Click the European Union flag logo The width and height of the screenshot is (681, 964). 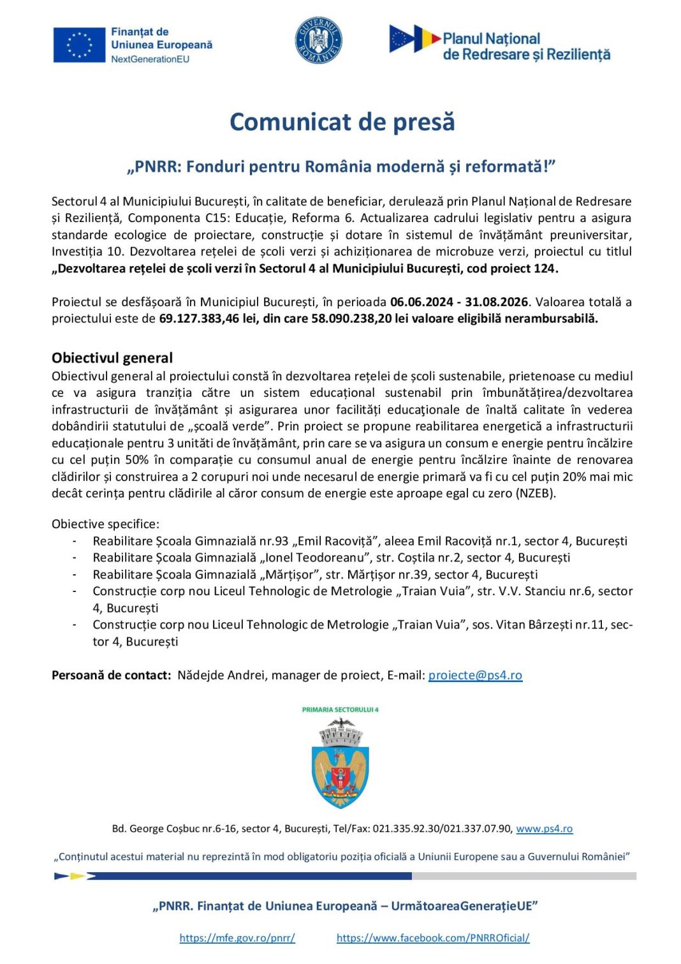point(79,45)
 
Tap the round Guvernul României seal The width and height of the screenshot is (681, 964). point(319,41)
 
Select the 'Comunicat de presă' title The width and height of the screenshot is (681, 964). point(342,122)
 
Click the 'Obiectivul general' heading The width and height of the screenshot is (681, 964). point(112,358)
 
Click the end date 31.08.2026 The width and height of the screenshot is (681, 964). point(497,302)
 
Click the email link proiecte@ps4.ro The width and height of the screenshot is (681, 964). point(475,676)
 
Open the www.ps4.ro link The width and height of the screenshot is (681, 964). point(544,829)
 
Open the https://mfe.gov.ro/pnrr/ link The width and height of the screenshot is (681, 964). point(237,938)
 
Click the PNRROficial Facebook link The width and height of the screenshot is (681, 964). point(433,938)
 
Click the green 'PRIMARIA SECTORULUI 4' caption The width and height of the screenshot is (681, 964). point(340,709)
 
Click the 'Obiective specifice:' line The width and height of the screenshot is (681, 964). point(106,524)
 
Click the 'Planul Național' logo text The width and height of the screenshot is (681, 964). point(491,39)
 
